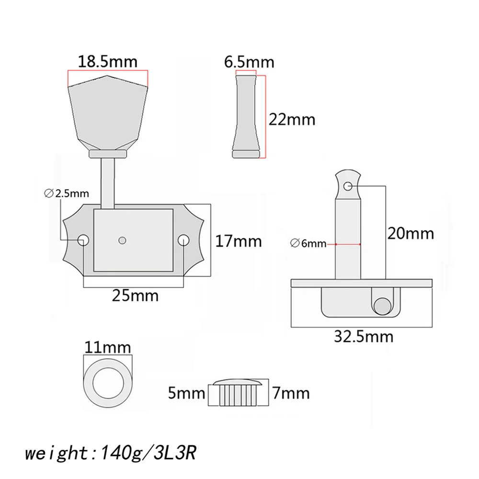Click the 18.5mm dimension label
click(108, 62)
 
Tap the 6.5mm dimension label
click(249, 62)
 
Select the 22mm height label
click(292, 118)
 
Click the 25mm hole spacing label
click(135, 296)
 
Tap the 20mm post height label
click(411, 233)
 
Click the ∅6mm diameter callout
click(308, 244)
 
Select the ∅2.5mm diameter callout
click(66, 194)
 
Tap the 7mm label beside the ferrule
click(290, 394)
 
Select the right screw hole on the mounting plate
click(184, 239)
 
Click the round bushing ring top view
click(107, 377)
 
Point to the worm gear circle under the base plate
click(382, 305)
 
